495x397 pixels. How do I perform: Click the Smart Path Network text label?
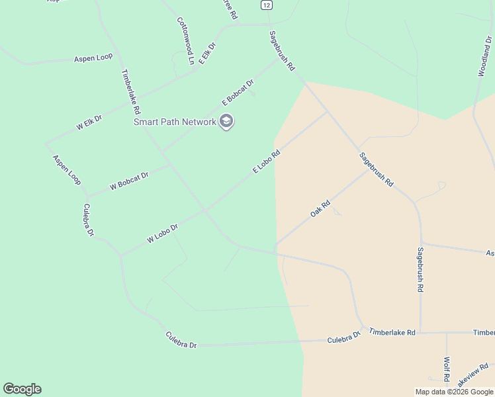click(175, 122)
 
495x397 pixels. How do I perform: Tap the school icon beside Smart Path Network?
click(227, 122)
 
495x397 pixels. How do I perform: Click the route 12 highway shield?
click(266, 4)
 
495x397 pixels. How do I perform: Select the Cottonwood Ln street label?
click(186, 40)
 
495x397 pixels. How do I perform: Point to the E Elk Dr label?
click(207, 53)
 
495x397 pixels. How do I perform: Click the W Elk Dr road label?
click(89, 122)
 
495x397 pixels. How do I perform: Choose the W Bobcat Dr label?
click(130, 181)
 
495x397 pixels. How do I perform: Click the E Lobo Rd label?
click(267, 161)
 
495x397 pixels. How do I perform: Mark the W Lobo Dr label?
click(163, 232)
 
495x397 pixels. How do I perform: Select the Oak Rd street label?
click(320, 210)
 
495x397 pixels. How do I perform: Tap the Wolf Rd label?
click(447, 369)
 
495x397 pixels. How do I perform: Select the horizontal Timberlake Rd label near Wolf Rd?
click(392, 331)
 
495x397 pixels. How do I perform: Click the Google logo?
click(22, 389)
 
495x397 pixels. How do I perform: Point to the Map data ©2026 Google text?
click(454, 392)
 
